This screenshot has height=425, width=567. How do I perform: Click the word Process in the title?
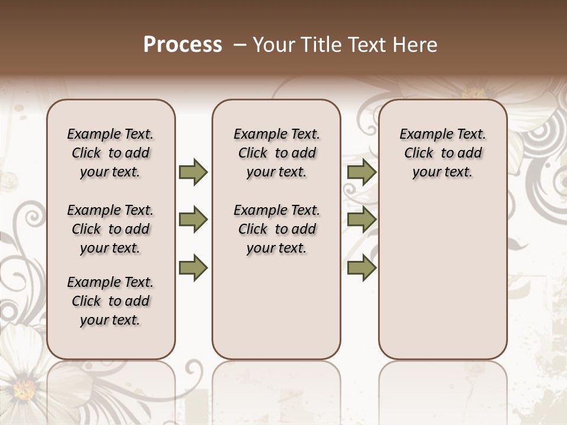[x=183, y=45]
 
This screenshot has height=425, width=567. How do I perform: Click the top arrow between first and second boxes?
[x=193, y=172]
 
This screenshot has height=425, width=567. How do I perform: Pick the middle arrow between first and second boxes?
[x=193, y=220]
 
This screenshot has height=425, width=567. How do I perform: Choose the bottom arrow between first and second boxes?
[x=193, y=267]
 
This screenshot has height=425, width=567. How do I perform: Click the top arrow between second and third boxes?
[x=361, y=172]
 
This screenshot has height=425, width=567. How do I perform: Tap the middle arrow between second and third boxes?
[x=361, y=220]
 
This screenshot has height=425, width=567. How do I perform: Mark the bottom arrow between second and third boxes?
[x=361, y=267]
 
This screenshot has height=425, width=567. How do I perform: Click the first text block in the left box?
[x=110, y=153]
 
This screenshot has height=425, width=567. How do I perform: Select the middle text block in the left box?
[x=110, y=229]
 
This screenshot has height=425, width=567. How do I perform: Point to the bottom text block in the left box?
[x=110, y=301]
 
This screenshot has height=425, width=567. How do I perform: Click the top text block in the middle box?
[x=276, y=153]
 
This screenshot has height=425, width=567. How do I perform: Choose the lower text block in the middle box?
[x=276, y=229]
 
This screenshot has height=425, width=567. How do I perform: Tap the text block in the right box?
[x=442, y=153]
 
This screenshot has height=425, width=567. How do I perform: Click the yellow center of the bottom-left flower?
[x=24, y=390]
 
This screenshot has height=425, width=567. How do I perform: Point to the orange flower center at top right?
[x=473, y=93]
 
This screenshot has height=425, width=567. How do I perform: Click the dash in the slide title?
[x=240, y=45]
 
